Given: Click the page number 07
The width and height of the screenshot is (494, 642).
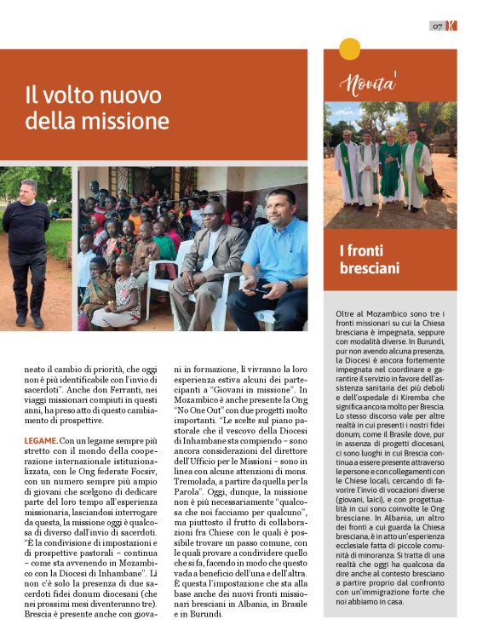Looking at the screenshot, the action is coord(436,26).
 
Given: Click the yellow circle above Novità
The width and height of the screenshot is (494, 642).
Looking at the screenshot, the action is coord(349,49).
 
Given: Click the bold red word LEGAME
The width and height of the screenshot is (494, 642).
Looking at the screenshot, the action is coord(42,440).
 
